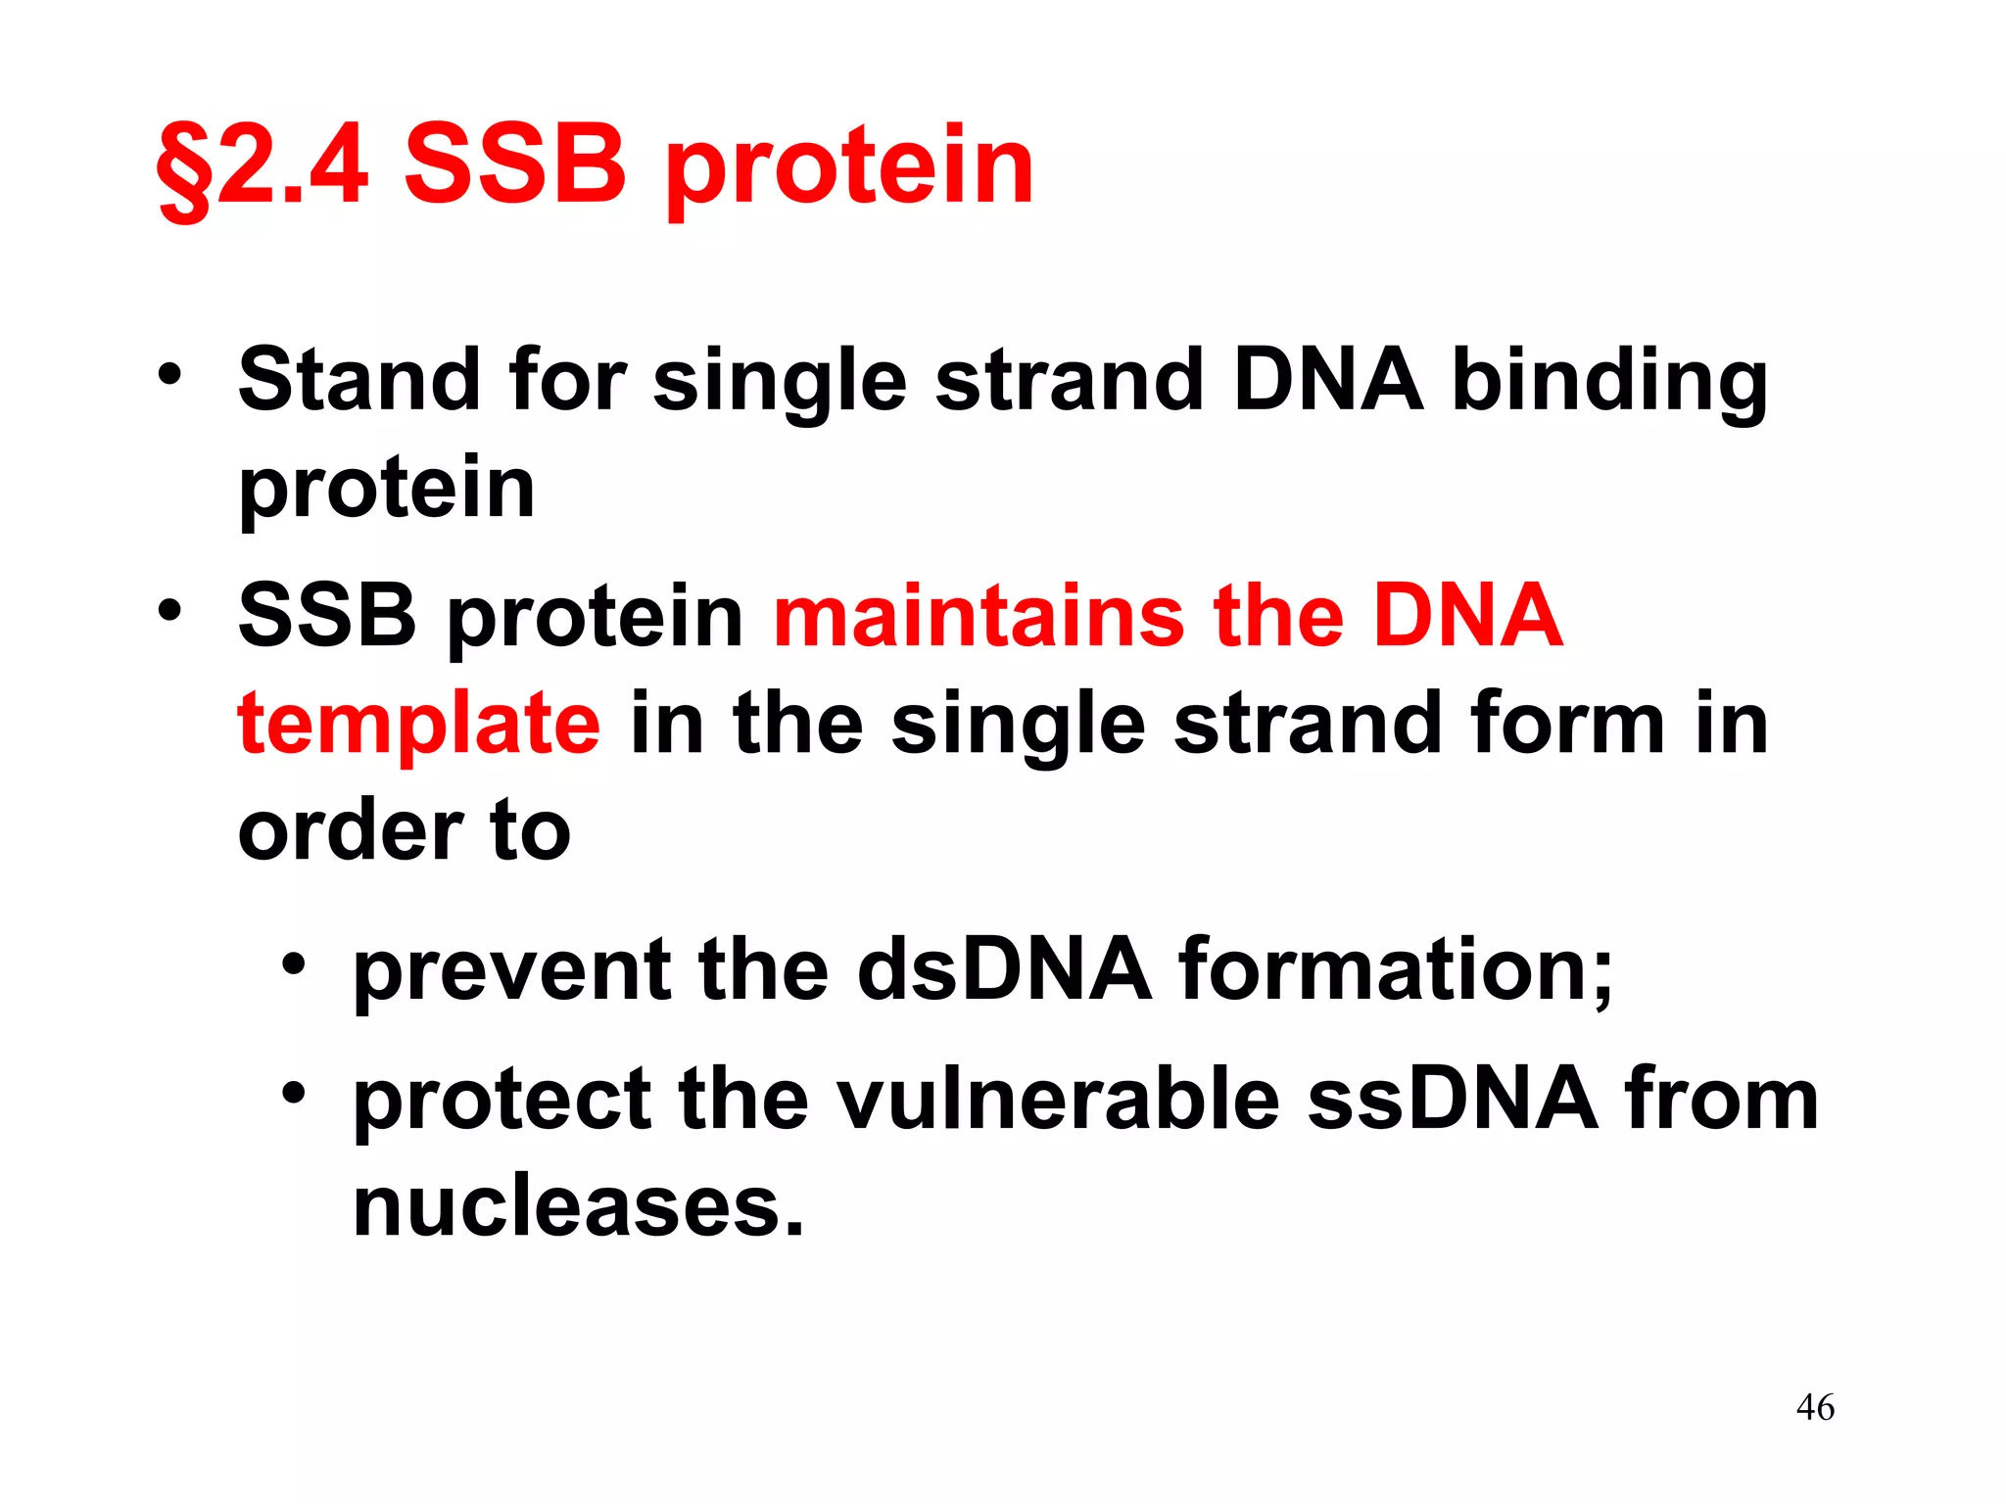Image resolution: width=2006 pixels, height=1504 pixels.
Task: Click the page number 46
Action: point(1815,1407)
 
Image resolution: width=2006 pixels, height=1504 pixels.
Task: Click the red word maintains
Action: point(978,616)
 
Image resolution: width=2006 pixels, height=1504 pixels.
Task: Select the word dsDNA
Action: point(1004,969)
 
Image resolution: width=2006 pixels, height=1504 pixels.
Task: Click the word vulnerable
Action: point(1059,1099)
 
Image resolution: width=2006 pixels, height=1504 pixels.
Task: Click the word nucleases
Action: point(578,1206)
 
